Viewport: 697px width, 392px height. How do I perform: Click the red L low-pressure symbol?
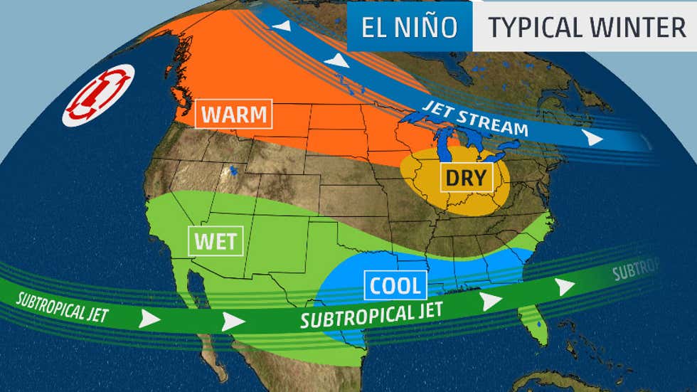pyautogui.click(x=99, y=95)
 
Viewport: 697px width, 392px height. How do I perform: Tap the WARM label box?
pyautogui.click(x=233, y=113)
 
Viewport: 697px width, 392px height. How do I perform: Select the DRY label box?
pyautogui.click(x=462, y=176)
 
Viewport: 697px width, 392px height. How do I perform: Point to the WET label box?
pyautogui.click(x=216, y=240)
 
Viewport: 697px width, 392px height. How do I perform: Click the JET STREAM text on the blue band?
pyautogui.click(x=474, y=118)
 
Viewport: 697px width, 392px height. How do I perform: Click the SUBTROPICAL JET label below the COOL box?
pyautogui.click(x=371, y=314)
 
